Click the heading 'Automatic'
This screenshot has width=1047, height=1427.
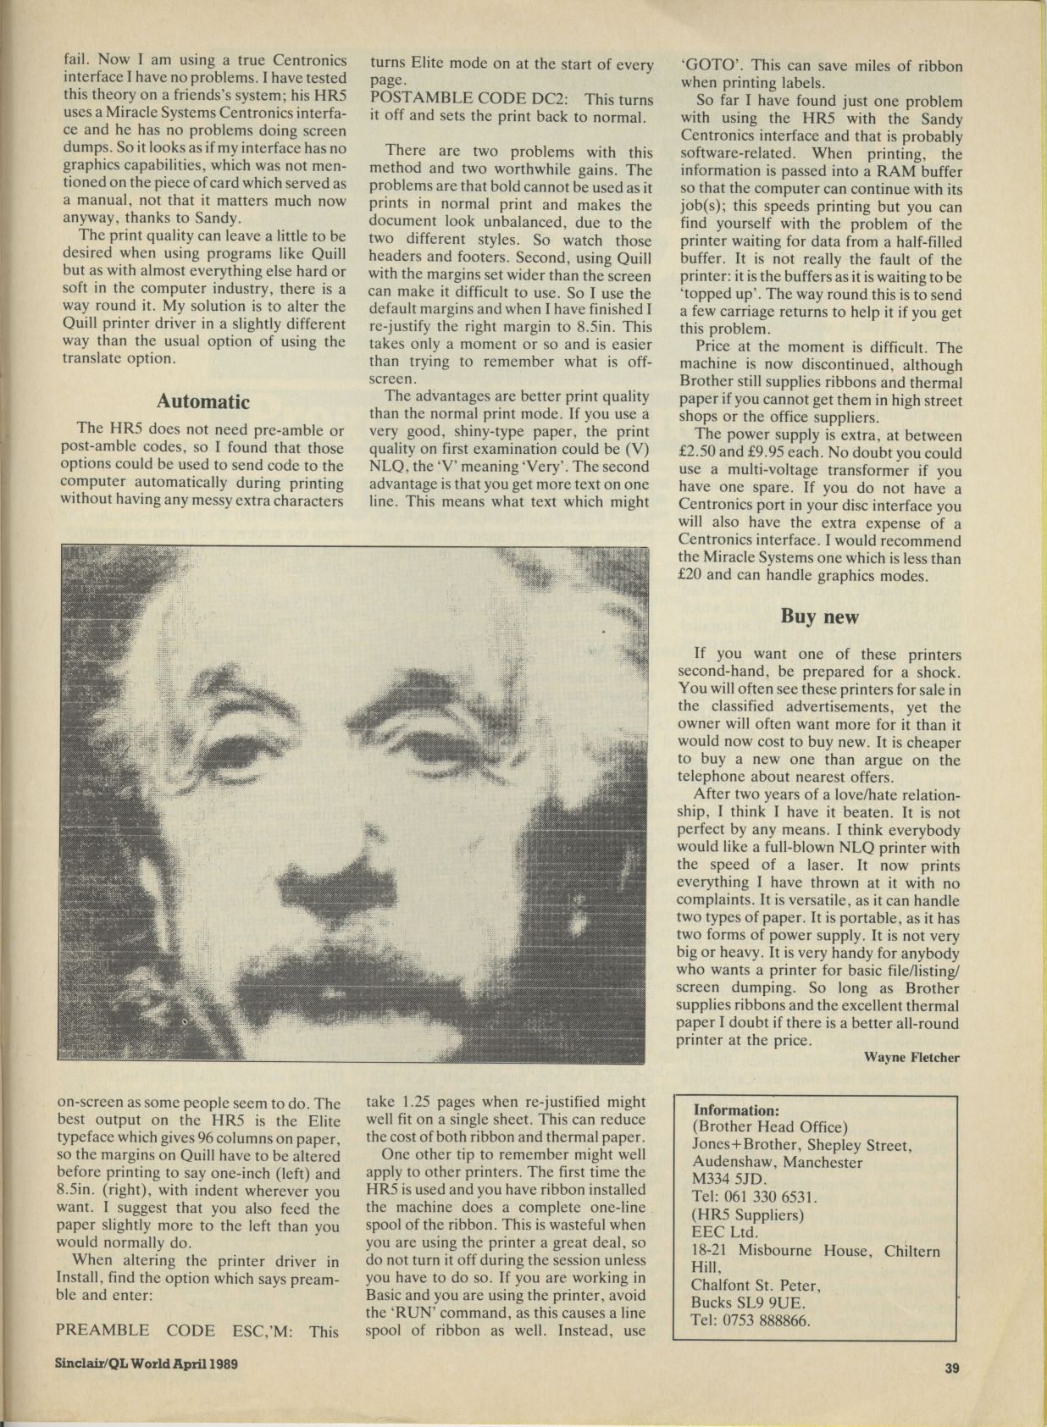pos(203,401)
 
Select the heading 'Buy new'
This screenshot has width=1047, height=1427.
pos(819,617)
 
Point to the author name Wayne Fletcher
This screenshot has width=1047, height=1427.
pos(911,1057)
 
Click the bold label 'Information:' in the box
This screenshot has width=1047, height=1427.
pos(736,1110)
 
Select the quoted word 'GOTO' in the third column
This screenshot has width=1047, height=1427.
pos(712,65)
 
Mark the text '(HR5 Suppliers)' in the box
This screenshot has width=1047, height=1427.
pos(744,1215)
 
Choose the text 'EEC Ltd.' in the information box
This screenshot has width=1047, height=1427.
pos(723,1233)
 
